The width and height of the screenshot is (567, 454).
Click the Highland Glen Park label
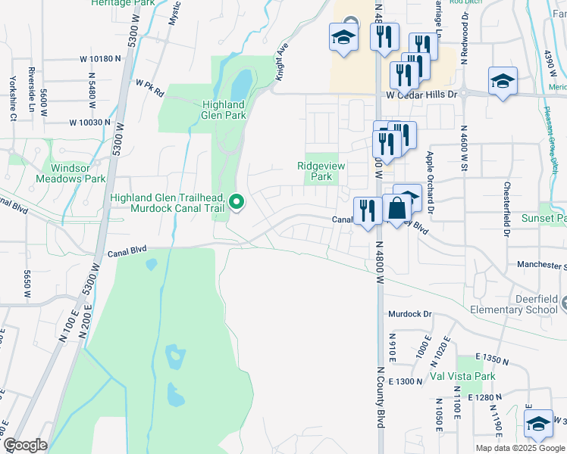tap(224, 110)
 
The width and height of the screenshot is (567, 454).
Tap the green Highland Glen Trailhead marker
tap(237, 201)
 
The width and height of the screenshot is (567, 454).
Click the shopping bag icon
tap(396, 209)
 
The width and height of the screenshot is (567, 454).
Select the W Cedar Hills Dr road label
tap(421, 95)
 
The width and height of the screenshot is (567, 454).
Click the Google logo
tap(25, 445)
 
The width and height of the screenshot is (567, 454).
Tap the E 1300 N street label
tap(406, 381)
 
